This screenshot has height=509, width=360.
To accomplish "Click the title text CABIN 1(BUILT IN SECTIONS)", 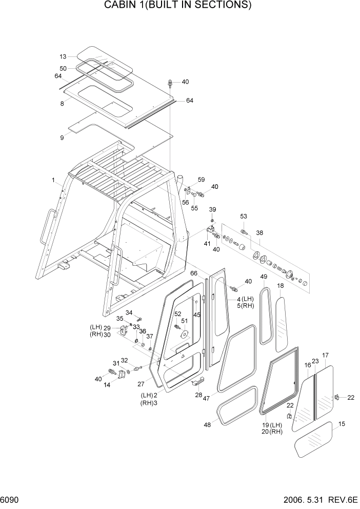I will point(178,6).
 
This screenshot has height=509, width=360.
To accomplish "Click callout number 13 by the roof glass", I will point(63,57).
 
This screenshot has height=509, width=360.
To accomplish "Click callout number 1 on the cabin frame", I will point(53,180).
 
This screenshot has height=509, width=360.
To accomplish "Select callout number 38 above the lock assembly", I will point(259,232).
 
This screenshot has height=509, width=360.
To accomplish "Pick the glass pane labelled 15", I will point(313,437).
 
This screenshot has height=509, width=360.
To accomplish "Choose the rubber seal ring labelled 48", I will point(237,406).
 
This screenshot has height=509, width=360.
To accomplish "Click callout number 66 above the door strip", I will point(194,273).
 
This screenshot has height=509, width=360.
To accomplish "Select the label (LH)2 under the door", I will point(149,395).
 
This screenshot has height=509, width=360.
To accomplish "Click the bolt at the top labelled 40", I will point(170,83).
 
